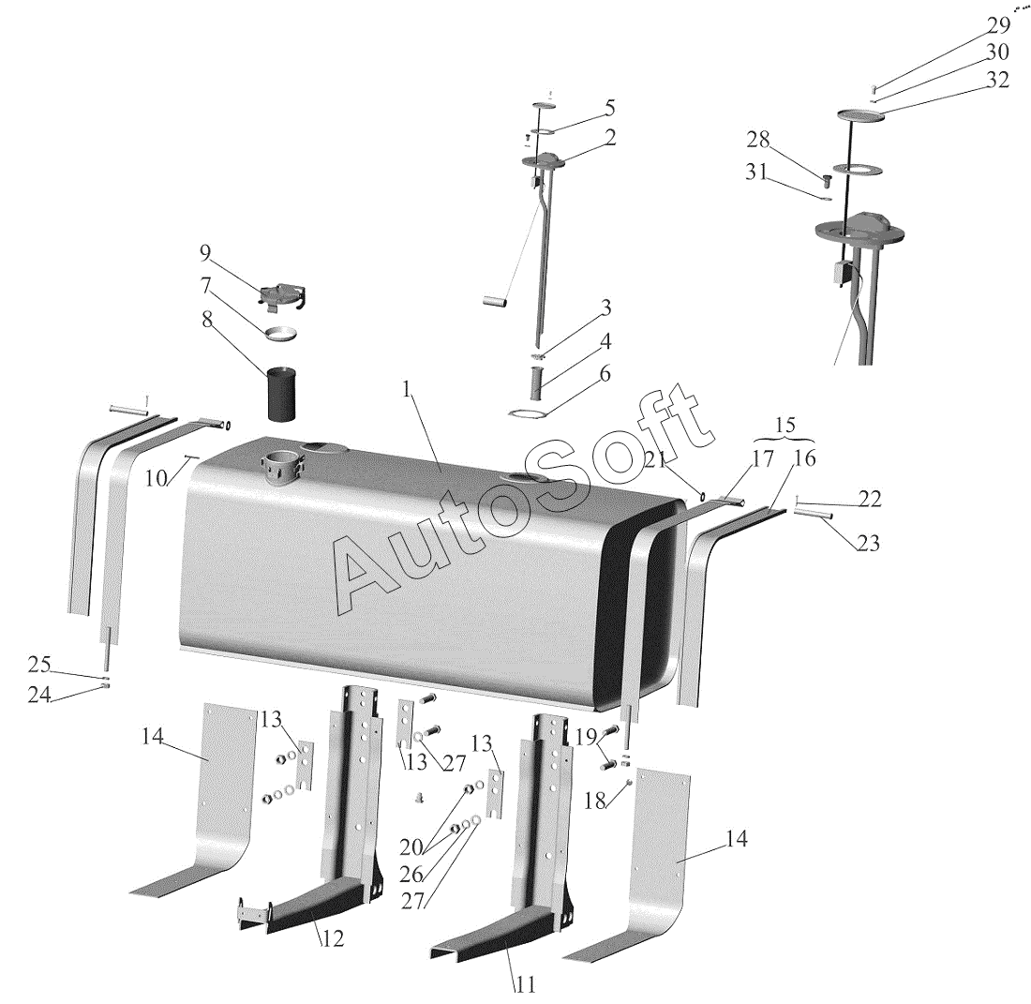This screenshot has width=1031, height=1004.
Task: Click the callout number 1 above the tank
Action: click(407, 389)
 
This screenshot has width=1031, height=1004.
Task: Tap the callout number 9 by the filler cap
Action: click(206, 252)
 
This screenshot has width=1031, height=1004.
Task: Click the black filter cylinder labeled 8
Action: click(281, 395)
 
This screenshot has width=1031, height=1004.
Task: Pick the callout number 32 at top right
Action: click(997, 80)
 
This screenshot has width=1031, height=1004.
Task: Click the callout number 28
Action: click(757, 140)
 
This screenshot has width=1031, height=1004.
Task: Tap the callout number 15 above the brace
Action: click(785, 424)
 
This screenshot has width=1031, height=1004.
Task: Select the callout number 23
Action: click(868, 543)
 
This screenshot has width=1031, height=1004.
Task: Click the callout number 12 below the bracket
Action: click(333, 939)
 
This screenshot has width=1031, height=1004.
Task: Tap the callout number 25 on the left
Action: click(38, 665)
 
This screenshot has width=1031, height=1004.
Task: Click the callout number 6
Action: click(605, 373)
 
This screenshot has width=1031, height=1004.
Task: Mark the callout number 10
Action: click(157, 479)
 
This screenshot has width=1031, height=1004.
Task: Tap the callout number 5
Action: click(609, 107)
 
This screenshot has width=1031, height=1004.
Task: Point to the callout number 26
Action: click(411, 874)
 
